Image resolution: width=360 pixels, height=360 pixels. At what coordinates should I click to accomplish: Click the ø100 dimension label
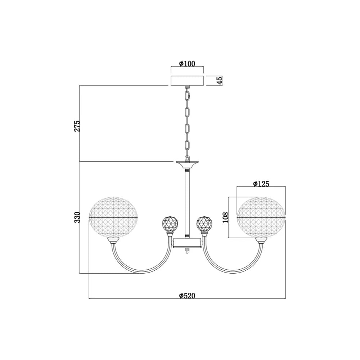187,63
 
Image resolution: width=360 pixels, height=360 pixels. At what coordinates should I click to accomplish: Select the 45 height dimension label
220,81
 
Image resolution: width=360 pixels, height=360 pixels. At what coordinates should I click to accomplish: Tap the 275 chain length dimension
77,126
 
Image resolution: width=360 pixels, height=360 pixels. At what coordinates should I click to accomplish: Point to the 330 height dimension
77,217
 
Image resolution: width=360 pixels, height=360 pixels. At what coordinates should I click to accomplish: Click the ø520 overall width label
187,296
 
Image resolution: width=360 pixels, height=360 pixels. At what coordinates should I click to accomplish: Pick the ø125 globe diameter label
261,184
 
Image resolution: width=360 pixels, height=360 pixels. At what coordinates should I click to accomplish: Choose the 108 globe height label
226,217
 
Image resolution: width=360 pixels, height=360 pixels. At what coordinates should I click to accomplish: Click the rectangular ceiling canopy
187,80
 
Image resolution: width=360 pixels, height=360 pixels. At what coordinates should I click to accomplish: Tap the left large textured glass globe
113,217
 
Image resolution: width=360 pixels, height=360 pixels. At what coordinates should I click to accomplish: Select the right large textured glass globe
261,217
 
